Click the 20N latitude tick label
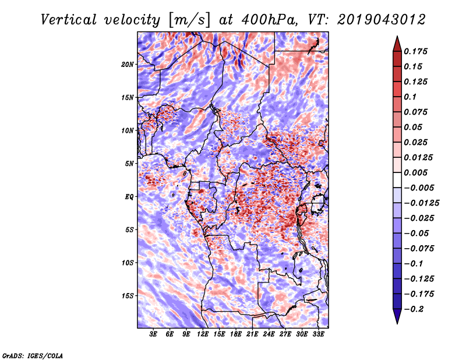128,64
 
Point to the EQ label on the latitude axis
129,196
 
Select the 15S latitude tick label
128,295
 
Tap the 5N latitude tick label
129,163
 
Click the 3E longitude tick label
153,334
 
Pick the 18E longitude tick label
236,334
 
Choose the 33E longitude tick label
319,334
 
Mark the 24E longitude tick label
269,334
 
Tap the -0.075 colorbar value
419,249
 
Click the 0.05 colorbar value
414,127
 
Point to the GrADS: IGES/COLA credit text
33,355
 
